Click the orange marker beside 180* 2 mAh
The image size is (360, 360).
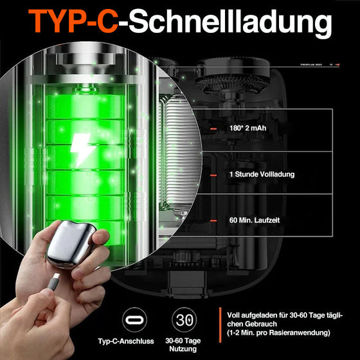tap(213, 128)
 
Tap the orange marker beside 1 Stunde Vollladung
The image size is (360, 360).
tap(213, 174)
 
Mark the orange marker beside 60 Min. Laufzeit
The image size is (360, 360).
tap(213, 221)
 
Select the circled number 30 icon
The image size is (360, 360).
tap(185, 320)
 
